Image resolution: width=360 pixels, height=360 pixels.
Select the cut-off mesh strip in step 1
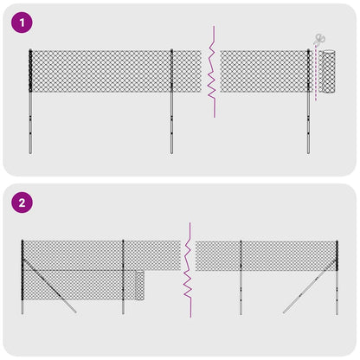[x=328, y=73]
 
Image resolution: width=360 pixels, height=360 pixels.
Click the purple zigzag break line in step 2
[x=184, y=268]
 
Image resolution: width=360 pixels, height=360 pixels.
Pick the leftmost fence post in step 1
[x=30, y=95]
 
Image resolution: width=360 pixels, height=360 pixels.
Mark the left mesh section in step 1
[x=101, y=71]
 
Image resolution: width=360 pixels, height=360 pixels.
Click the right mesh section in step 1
[x=264, y=71]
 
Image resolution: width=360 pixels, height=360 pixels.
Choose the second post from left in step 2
[x=123, y=277]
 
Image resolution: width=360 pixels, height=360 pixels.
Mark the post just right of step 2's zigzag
[x=240, y=277]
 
